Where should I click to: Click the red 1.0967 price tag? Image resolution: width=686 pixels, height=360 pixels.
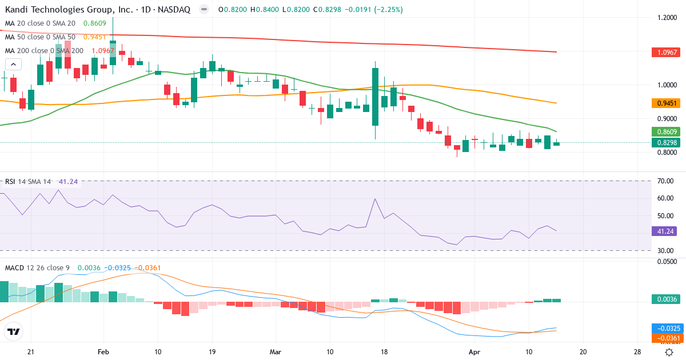[x=667, y=52]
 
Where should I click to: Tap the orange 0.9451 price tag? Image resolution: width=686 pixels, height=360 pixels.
[x=667, y=103]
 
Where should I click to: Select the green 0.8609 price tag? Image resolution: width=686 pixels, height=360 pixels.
[x=667, y=131]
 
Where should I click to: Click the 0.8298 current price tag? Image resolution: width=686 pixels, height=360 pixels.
[x=667, y=142]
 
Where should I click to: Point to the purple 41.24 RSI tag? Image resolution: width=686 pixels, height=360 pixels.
[x=664, y=231]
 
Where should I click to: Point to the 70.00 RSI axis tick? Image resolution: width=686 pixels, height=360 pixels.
[x=665, y=181]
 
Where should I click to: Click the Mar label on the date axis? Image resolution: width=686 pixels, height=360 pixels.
[x=276, y=352]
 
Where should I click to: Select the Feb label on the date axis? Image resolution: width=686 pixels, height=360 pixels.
[x=103, y=352]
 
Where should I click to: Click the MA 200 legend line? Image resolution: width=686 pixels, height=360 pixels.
[x=44, y=50]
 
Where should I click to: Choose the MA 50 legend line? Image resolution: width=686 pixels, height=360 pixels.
[x=40, y=37]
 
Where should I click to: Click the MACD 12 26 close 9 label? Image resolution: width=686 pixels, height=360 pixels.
[x=38, y=267]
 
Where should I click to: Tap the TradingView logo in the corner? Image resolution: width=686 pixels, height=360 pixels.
[x=13, y=331]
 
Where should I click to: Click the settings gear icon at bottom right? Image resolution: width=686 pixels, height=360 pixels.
[x=668, y=352]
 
